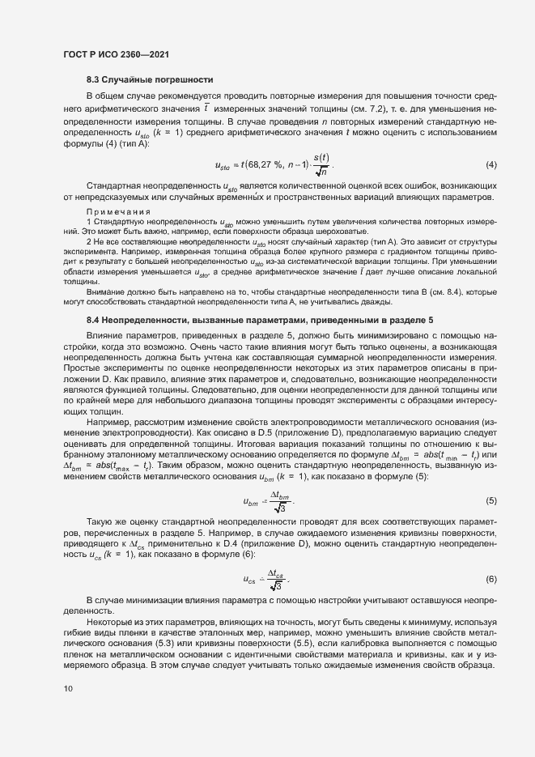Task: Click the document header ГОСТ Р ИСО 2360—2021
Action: pos(117,53)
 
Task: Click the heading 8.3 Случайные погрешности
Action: pos(150,79)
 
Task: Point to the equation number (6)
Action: pos(490,579)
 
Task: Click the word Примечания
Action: pos(113,212)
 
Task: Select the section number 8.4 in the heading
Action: pos(95,297)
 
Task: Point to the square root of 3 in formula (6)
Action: pos(277,586)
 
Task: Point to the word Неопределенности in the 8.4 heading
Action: pos(150,297)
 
